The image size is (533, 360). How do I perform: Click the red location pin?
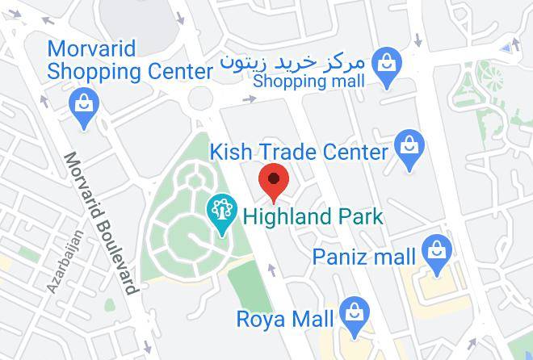(275, 181)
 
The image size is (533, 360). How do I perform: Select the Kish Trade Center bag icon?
(409, 149)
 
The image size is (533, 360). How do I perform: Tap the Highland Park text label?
(313, 217)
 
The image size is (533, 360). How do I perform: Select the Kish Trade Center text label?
(299, 152)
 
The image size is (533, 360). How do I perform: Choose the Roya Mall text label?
(284, 319)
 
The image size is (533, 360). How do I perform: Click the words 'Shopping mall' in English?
(308, 81)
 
